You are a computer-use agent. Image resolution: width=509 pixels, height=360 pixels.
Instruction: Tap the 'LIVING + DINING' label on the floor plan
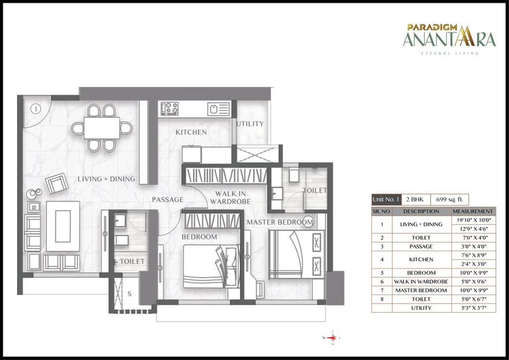click(x=106, y=179)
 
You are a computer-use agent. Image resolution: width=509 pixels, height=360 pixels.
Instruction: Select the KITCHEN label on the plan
click(x=191, y=133)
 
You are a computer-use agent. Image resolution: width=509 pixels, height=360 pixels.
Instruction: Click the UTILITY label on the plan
click(x=250, y=124)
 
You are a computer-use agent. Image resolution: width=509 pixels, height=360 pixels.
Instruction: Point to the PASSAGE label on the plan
click(x=168, y=200)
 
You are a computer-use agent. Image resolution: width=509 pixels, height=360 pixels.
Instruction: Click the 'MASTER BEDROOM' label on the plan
click(x=279, y=221)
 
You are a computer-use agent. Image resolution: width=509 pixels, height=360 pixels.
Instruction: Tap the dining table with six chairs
click(x=101, y=127)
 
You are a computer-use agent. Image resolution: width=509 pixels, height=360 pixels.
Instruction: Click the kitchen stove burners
click(x=169, y=108)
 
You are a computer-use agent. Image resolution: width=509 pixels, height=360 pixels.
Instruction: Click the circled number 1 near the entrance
click(x=36, y=108)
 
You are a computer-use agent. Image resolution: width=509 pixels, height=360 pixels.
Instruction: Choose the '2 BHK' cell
click(x=416, y=199)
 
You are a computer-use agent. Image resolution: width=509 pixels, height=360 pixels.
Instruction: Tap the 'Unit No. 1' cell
click(x=386, y=199)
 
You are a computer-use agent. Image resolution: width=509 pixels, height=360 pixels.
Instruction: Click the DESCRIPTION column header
click(x=421, y=211)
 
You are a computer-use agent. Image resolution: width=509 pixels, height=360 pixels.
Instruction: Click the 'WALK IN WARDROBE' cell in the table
click(x=421, y=281)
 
